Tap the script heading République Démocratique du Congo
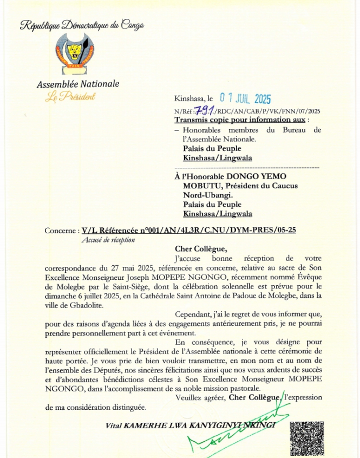point(82,25)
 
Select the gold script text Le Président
point(70,97)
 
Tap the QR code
point(306,439)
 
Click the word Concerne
point(60,230)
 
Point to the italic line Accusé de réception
point(108,240)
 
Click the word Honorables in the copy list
point(204,130)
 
